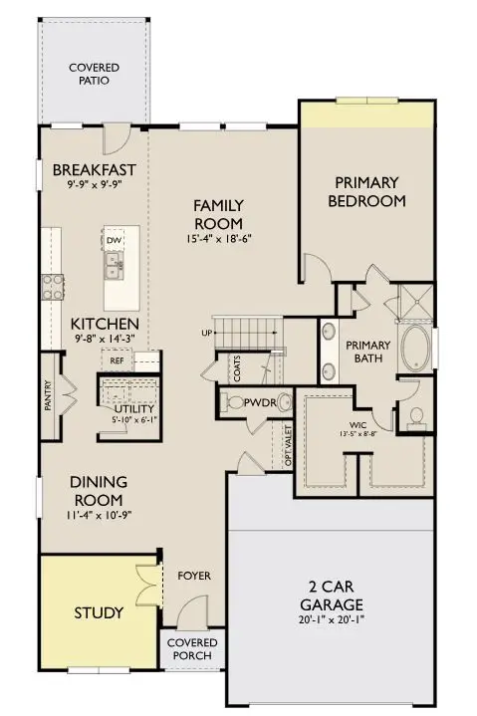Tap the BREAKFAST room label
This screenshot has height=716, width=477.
pyautogui.click(x=93, y=169)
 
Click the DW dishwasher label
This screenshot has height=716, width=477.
pyautogui.click(x=115, y=242)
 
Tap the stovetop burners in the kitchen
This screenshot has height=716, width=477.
pyautogui.click(x=53, y=287)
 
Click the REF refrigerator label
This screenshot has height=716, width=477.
pyautogui.click(x=117, y=361)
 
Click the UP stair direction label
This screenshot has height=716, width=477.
pyautogui.click(x=206, y=332)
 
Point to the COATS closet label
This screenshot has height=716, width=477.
pyautogui.click(x=237, y=369)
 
